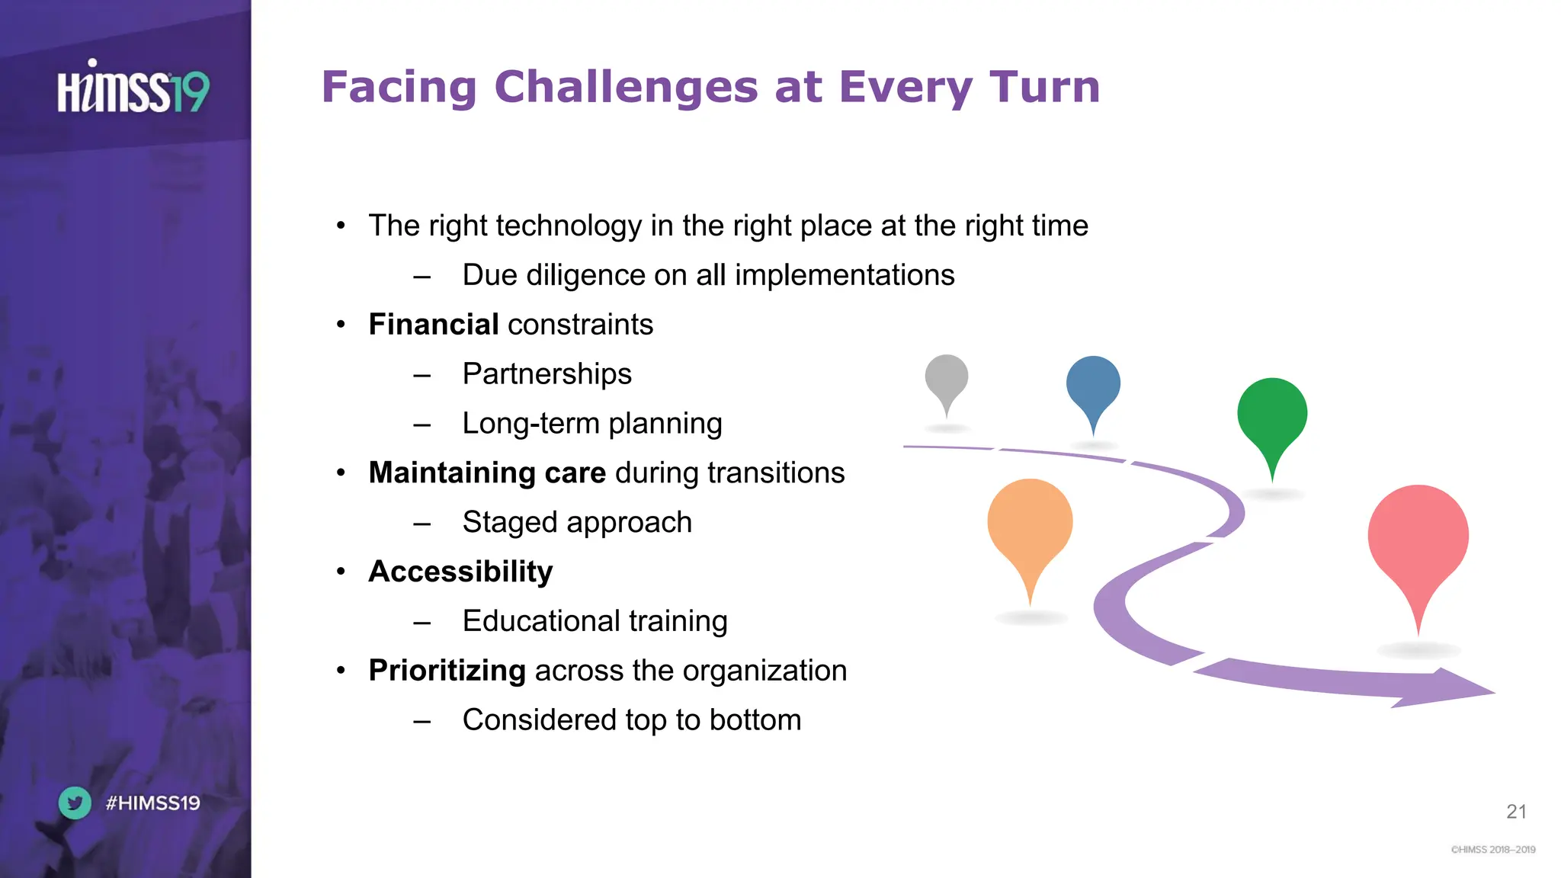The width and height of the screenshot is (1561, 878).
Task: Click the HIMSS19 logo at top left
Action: click(133, 88)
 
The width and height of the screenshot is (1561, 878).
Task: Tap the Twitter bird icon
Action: click(75, 803)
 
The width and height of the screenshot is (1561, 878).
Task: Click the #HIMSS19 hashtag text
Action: click(152, 803)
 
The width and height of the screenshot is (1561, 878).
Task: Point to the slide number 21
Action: click(1516, 812)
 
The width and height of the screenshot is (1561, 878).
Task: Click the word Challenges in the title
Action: click(626, 87)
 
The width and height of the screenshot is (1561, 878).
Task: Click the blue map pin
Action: click(1093, 385)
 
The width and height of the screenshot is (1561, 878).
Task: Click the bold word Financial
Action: click(434, 325)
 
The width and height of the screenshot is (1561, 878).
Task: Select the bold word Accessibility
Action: click(460, 572)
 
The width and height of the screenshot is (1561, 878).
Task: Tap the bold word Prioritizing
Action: click(447, 671)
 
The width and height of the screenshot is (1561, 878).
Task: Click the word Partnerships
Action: click(547, 374)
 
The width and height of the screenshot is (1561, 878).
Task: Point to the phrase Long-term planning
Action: click(591, 424)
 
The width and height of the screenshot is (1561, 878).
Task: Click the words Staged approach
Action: click(577, 523)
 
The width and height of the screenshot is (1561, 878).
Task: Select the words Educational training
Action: click(595, 621)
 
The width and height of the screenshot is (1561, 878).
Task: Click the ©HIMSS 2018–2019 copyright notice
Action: click(1492, 850)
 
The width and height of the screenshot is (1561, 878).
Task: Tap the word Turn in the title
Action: click(1044, 87)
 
